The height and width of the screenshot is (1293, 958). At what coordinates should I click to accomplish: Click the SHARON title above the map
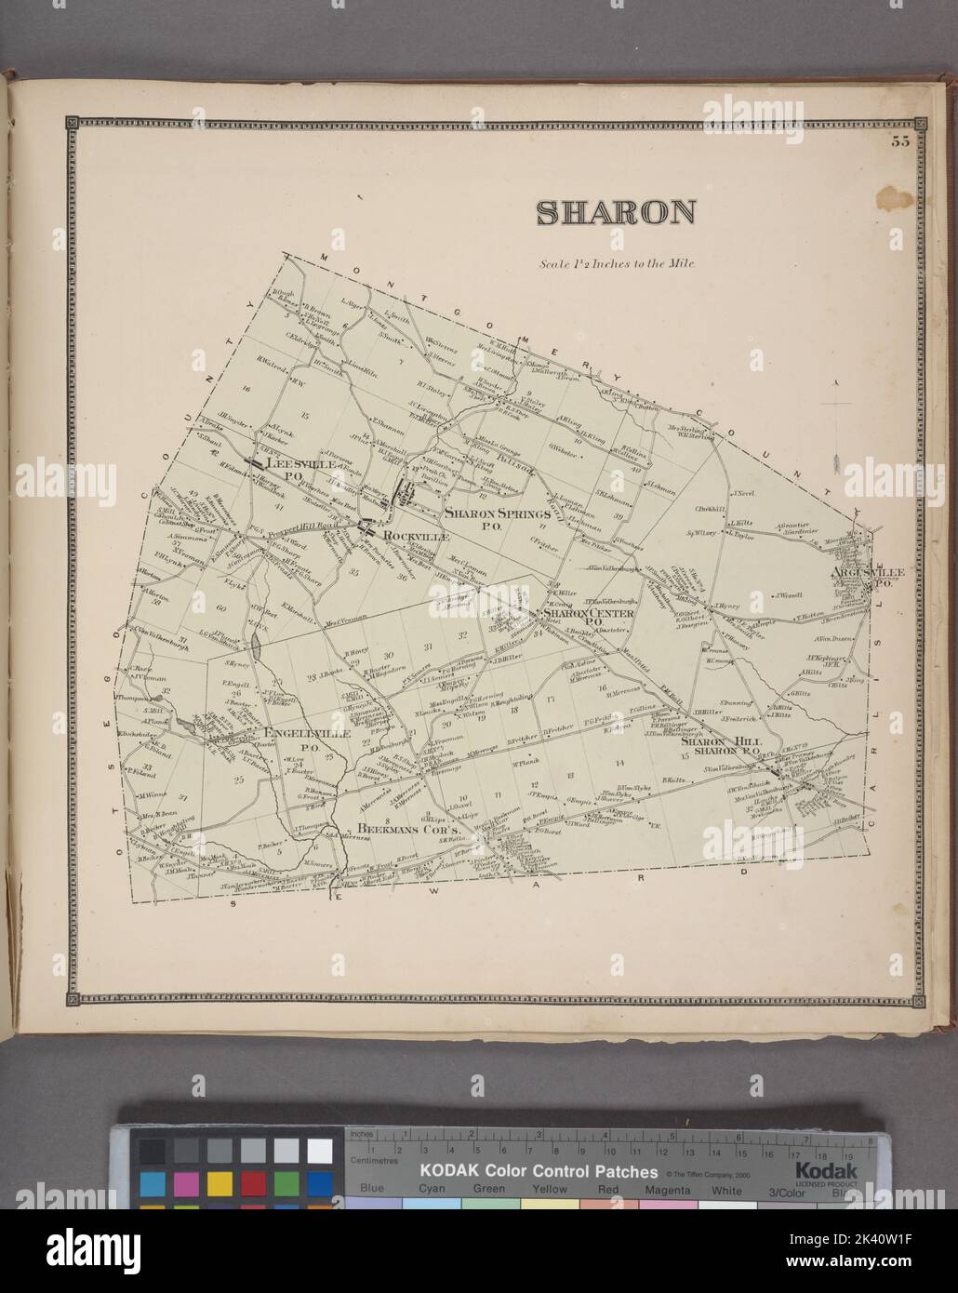coord(616,213)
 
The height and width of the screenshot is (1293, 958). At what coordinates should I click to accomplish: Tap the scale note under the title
coord(617,263)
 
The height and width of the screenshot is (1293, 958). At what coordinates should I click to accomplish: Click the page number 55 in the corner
coord(899,141)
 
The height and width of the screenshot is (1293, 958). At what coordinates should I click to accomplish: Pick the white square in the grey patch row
coord(319,1150)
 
